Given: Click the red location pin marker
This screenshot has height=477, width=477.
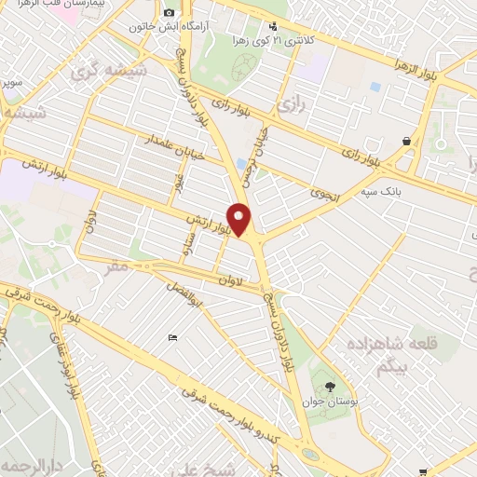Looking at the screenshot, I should click(x=240, y=220).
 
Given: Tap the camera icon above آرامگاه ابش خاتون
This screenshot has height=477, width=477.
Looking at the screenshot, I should click(x=169, y=12).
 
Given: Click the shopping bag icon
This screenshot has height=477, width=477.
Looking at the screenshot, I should click(x=407, y=141).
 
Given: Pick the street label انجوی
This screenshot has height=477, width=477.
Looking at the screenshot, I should click(x=329, y=197).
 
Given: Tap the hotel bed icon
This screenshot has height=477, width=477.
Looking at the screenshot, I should click(x=171, y=336).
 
